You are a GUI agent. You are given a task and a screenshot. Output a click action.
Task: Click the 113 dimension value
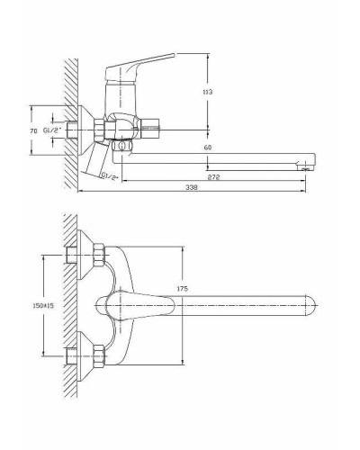pyautogui.click(x=208, y=92)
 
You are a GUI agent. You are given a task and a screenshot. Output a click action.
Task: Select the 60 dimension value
pyautogui.click(x=208, y=148)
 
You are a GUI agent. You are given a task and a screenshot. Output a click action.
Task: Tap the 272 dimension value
pyautogui.click(x=214, y=177)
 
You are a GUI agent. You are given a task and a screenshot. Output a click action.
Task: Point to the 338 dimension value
pyautogui.click(x=192, y=187)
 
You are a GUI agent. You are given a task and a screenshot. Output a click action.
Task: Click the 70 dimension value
pyautogui.click(x=34, y=130)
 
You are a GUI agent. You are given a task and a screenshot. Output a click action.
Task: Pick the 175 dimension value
pyautogui.click(x=183, y=289)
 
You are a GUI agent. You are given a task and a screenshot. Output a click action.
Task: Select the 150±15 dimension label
pyautogui.click(x=42, y=306)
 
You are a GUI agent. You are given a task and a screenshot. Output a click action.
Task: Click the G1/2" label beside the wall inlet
pyautogui.click(x=52, y=130)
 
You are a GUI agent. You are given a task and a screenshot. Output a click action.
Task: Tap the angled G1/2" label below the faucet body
pyautogui.click(x=110, y=176)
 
